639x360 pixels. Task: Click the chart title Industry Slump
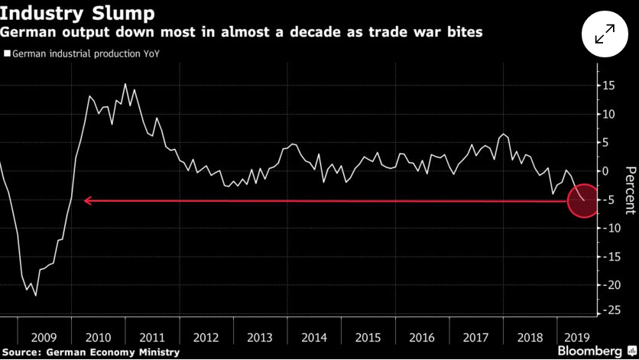[x=77, y=13]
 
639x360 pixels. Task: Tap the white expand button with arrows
[x=605, y=34]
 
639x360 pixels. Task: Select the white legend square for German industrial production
[x=7, y=54]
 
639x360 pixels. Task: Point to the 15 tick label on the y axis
[x=608, y=86]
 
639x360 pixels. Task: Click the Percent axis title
[x=630, y=190]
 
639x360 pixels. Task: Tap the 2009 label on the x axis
[x=44, y=338]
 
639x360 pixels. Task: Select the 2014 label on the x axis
[x=314, y=338]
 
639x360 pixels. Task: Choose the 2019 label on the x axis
[x=576, y=338]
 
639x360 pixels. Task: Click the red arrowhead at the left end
[x=87, y=200]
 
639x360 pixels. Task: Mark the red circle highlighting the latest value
[x=585, y=200]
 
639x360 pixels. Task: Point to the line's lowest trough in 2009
[x=35, y=295]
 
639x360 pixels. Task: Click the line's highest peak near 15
[x=125, y=84]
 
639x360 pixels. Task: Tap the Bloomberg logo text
[x=589, y=351]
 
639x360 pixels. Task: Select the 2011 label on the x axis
[x=152, y=338]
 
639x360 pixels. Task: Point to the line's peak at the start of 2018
[x=503, y=134]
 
